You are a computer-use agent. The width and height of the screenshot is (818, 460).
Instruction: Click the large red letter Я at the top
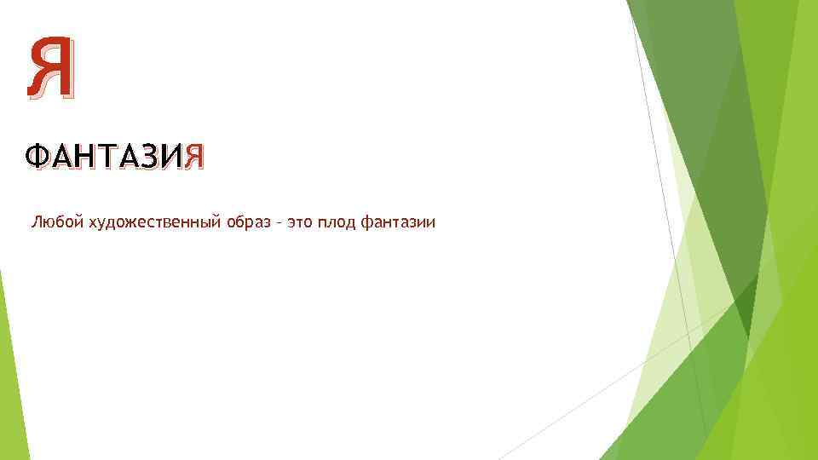[x=51, y=69]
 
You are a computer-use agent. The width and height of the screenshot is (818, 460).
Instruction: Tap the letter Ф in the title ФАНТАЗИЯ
[x=38, y=158]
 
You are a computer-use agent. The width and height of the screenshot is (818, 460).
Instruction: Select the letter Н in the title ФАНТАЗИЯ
[x=82, y=158]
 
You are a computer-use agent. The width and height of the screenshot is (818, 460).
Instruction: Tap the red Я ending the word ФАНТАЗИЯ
[x=195, y=158]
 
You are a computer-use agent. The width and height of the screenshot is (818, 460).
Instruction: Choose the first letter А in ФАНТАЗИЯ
[x=60, y=158]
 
